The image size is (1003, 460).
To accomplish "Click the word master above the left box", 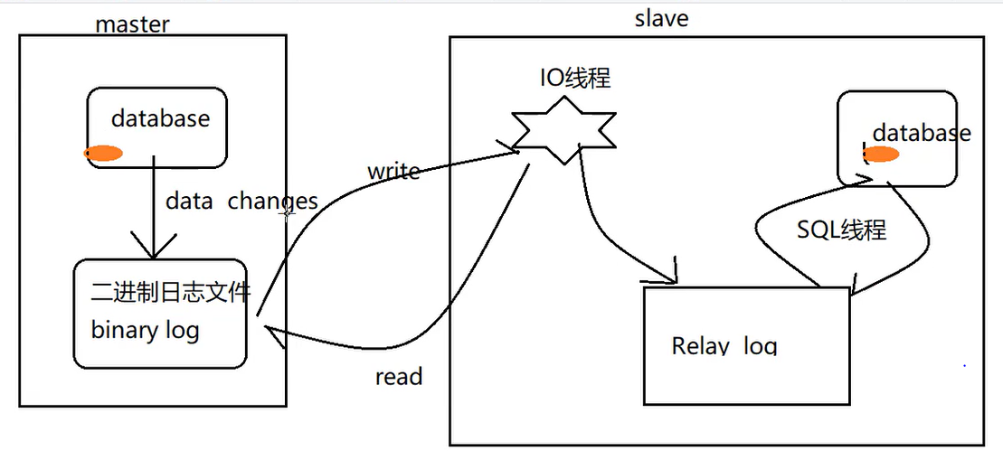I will click(x=131, y=23).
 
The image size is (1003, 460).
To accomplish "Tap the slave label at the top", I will click(x=661, y=17).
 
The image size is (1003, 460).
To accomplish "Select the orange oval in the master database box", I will click(x=103, y=154).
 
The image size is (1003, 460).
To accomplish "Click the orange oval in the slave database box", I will click(x=881, y=154).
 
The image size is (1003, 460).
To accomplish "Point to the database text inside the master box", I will click(x=160, y=118).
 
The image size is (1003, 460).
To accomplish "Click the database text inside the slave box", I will click(x=921, y=133).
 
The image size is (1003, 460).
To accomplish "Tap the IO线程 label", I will click(x=575, y=78).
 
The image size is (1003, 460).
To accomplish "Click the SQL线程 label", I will click(x=841, y=230).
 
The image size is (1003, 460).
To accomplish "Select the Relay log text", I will click(x=724, y=345).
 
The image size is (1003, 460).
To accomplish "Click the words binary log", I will click(x=145, y=330).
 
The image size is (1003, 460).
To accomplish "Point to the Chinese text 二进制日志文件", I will click(x=171, y=292).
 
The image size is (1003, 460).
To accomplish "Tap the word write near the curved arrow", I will click(x=393, y=171).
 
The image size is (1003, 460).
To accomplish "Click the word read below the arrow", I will click(x=399, y=376).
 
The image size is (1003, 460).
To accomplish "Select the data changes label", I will click(x=241, y=201).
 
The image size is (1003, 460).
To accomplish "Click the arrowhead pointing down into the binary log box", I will click(x=154, y=249).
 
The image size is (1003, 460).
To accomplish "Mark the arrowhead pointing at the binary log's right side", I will click(x=270, y=335).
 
